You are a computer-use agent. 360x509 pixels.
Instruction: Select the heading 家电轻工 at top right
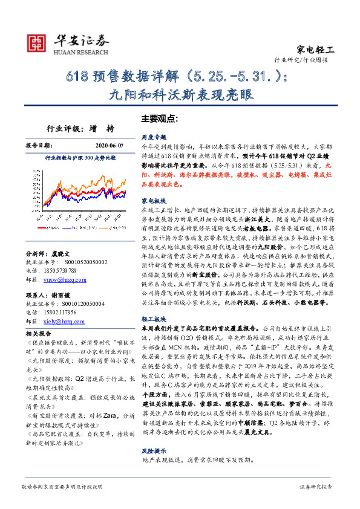[x=316, y=50]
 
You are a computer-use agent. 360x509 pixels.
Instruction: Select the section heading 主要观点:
[x=159, y=118]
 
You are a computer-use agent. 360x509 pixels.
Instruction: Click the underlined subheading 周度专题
[x=154, y=137]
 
